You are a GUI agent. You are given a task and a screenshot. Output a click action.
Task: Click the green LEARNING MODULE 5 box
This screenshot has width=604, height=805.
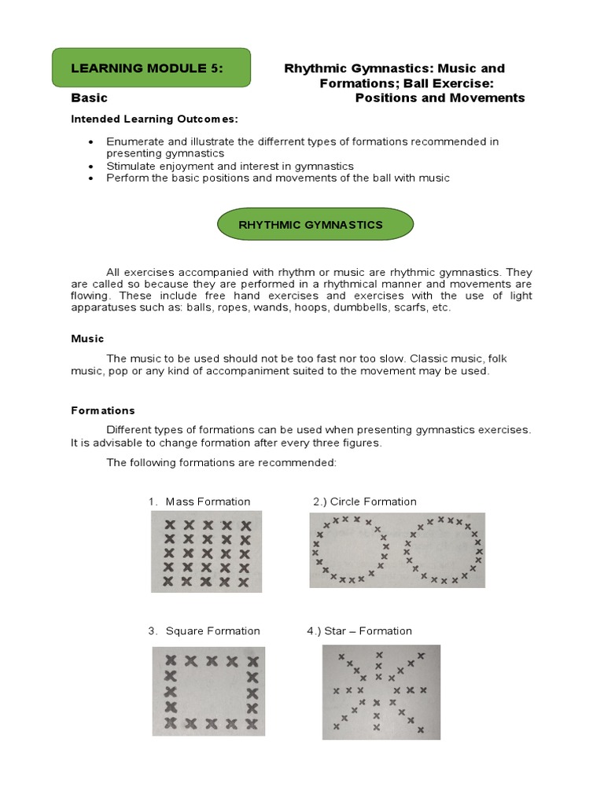pos(151,68)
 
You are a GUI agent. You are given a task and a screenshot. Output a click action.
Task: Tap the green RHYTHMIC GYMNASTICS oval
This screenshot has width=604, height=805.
pos(315,224)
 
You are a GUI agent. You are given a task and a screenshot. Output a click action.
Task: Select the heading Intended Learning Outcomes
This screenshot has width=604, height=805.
pos(154,119)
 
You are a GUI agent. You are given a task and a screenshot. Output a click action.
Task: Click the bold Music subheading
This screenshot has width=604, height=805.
pos(87,339)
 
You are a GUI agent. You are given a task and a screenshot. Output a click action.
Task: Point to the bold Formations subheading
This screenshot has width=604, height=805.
pos(103,410)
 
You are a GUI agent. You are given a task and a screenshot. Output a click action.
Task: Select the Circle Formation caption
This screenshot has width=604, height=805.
pos(365,502)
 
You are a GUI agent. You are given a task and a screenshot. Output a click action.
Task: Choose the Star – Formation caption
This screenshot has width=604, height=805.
pos(359,630)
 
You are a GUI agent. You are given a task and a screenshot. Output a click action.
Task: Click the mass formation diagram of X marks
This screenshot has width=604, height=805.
pos(207,551)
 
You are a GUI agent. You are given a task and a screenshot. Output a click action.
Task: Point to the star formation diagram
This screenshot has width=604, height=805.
pos(381,692)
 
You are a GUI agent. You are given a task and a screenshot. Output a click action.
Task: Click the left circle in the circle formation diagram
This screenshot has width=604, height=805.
pos(348,550)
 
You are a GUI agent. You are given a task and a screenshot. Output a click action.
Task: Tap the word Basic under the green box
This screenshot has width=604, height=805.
pos(89,98)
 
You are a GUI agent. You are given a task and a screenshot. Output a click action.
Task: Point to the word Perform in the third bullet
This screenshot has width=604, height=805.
pos(127,178)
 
